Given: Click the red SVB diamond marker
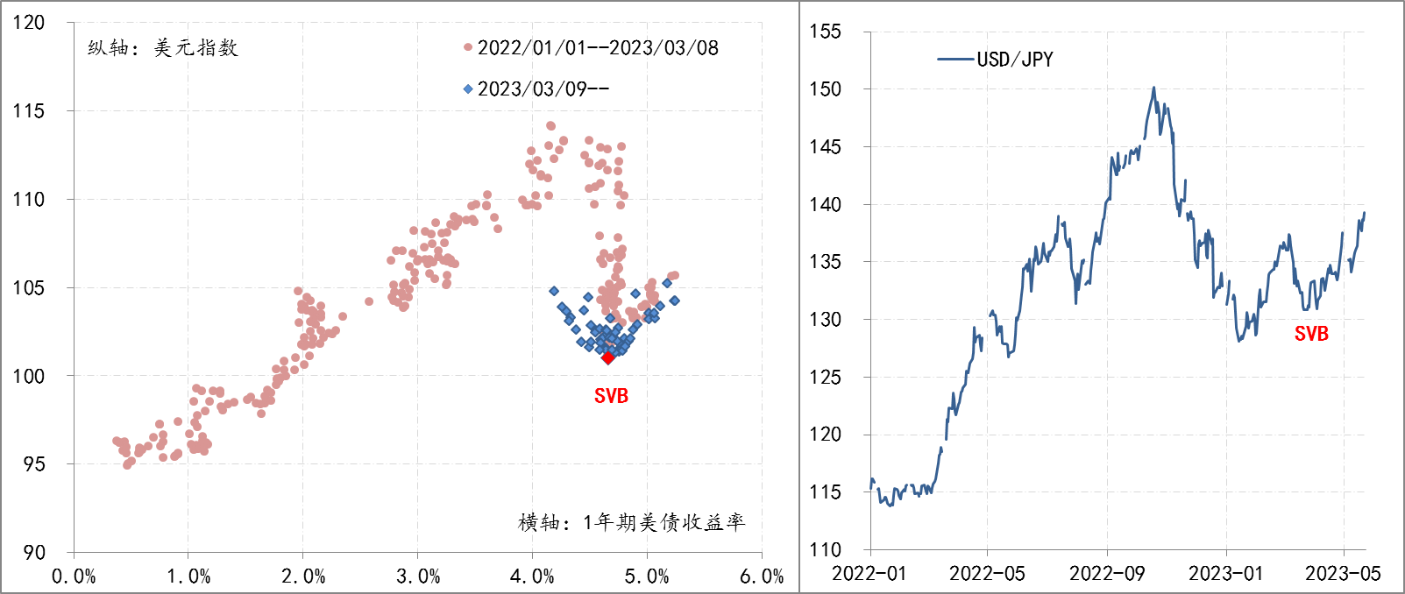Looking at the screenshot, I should [608, 357].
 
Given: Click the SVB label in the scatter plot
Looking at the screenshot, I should [611, 396].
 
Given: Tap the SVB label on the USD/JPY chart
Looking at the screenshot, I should [1311, 334].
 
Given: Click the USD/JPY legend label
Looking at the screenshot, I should [1015, 60].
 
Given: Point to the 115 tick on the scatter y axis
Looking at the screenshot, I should [29, 111].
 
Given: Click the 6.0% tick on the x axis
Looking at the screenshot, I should [762, 576].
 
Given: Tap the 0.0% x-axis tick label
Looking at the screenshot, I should [74, 576].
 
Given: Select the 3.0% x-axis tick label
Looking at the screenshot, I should [418, 576].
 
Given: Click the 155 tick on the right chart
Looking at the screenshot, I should [825, 32].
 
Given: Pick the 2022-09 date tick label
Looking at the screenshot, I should [1107, 574].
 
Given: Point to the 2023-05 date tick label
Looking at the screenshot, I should [1343, 574].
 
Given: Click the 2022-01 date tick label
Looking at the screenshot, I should [869, 574].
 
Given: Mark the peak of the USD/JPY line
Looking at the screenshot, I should [1153, 88].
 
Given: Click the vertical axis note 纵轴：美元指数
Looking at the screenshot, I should [163, 48].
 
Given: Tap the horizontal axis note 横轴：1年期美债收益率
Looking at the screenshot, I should [631, 523].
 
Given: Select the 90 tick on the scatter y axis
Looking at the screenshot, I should [34, 553].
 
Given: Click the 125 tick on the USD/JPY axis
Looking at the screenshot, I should [825, 378].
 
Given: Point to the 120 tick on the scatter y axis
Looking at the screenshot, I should [29, 23].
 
